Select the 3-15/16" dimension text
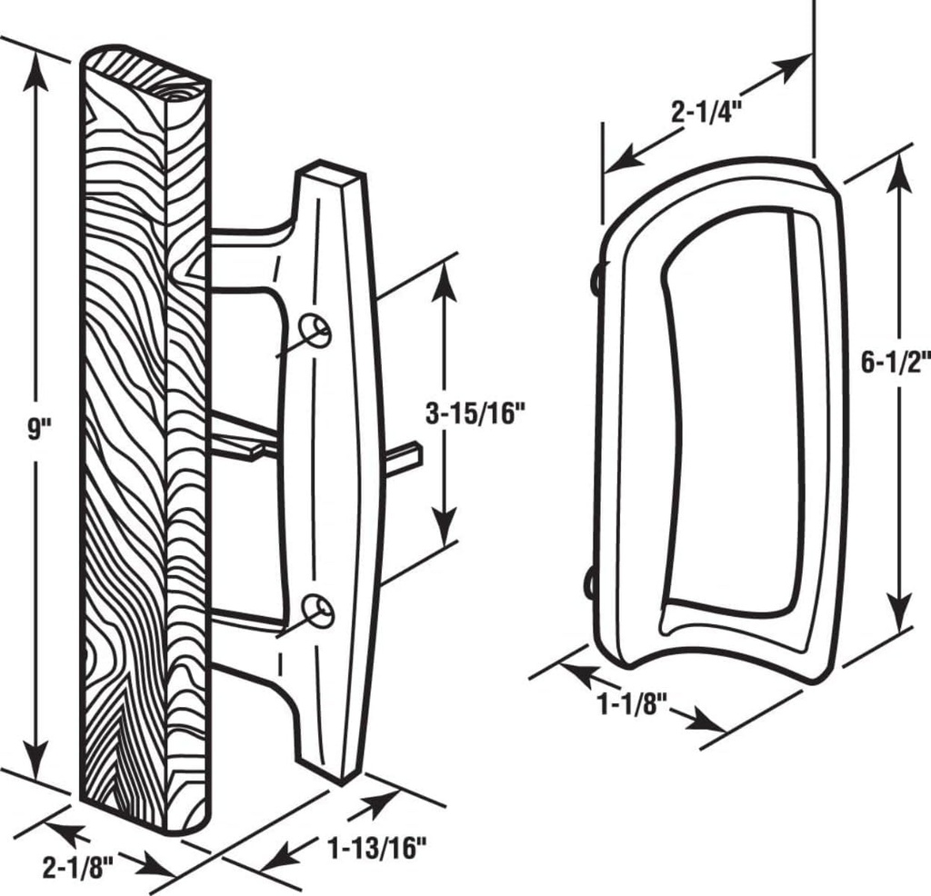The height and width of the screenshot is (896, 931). (x=476, y=414)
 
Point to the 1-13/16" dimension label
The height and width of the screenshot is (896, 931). (x=376, y=850)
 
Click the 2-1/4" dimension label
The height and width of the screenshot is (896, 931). (x=707, y=112)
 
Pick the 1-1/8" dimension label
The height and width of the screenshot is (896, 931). (x=625, y=702)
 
